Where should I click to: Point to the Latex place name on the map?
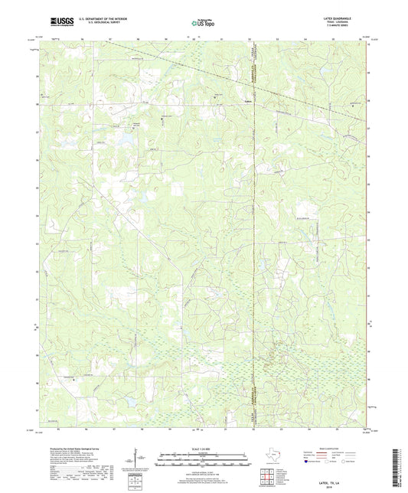pos(246,100)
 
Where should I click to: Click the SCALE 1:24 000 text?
pos(204,448)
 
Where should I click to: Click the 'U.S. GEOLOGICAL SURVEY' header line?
pos(90,24)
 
